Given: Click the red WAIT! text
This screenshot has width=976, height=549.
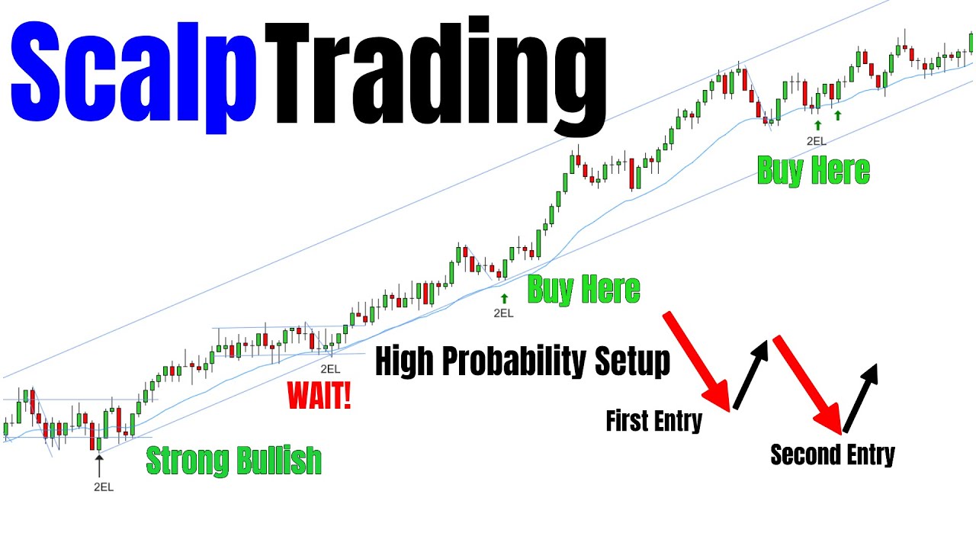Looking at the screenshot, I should click(x=319, y=396).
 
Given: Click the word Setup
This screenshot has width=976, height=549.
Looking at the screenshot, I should click(x=633, y=361).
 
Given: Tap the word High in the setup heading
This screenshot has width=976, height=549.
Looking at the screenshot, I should click(x=404, y=361).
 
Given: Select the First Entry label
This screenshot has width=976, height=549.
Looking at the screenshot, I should click(x=653, y=421).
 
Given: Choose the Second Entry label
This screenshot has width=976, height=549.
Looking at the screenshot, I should click(x=833, y=454).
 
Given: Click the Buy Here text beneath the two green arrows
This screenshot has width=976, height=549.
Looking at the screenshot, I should click(x=814, y=171).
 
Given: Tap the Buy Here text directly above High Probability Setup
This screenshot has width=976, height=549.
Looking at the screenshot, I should click(x=584, y=290).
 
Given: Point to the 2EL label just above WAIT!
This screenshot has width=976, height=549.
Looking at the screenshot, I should click(x=330, y=368).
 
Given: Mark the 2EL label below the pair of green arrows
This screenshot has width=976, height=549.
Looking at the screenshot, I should click(x=816, y=141).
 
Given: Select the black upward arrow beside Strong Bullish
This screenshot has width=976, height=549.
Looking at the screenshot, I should click(x=98, y=465).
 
